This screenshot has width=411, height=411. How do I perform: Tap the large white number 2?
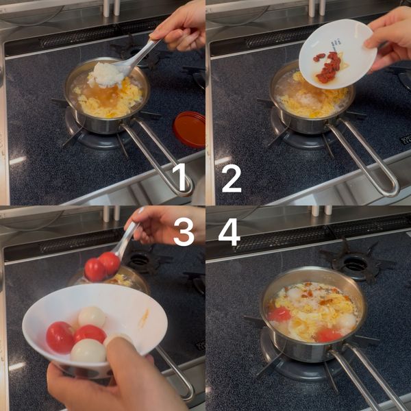coord(232,179)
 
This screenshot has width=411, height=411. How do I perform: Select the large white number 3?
coord(184,232)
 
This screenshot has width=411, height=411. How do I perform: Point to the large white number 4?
coord(229,232)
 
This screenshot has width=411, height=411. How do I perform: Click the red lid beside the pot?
coord(190,129)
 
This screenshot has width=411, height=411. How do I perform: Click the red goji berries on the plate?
coord(327,67)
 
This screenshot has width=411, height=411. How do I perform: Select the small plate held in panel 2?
coord(338,54)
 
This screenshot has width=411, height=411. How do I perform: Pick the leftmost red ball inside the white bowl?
coord(60,338)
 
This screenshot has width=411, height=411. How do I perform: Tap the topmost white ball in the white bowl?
coord(92,317)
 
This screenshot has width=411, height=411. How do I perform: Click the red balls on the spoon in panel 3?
coord(102,266)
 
